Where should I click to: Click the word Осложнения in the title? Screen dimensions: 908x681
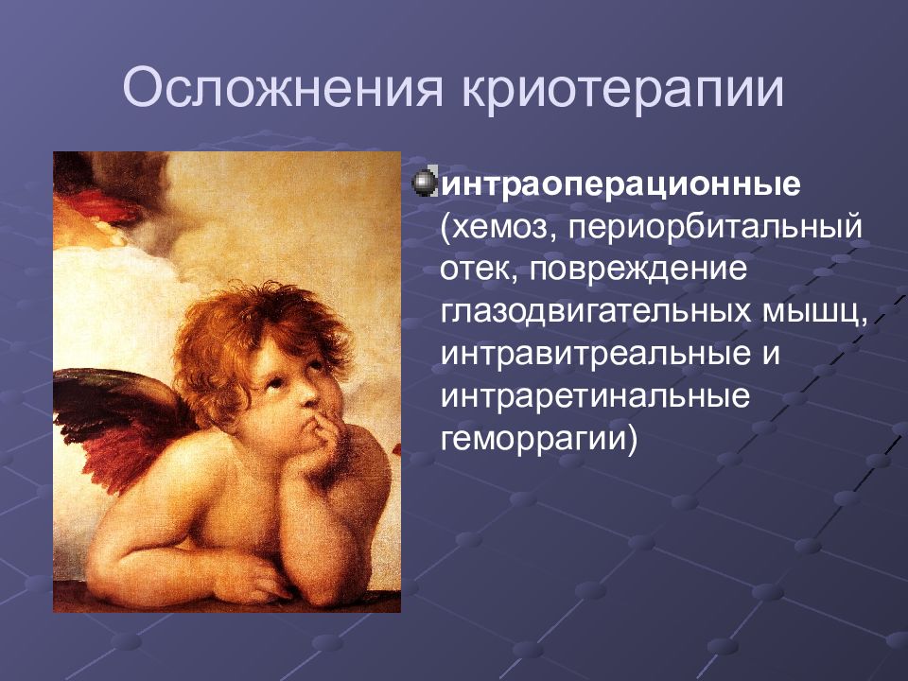pyautogui.click(x=283, y=89)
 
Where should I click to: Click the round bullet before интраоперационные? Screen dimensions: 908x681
pyautogui.click(x=425, y=183)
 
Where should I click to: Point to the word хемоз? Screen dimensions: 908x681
pyautogui.click(x=499, y=228)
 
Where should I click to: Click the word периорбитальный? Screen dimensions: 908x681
pyautogui.click(x=715, y=227)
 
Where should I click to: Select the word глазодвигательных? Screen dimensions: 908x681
pyautogui.click(x=595, y=312)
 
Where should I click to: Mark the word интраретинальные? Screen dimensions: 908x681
pyautogui.click(x=595, y=396)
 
